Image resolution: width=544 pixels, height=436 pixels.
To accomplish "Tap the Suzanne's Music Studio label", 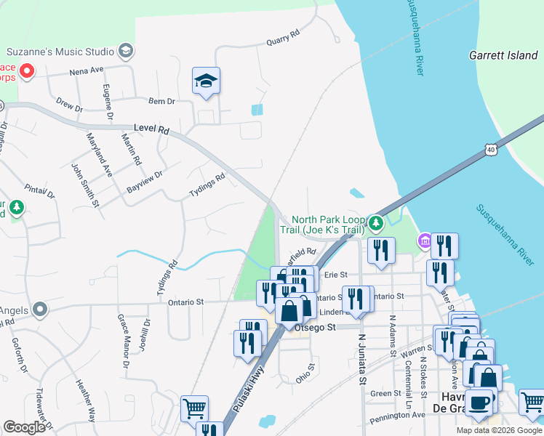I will (x=60, y=52).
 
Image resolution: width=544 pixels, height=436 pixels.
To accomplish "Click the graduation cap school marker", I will (x=207, y=81).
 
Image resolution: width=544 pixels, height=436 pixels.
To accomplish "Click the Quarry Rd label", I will (x=283, y=37).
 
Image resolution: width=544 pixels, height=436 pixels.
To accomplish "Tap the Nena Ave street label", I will (x=87, y=72).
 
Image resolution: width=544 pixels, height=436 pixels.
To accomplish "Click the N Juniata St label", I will (x=360, y=360).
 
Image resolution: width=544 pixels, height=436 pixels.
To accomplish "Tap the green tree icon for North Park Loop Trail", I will (x=375, y=222).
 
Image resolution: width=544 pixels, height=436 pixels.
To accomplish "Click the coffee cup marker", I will (x=479, y=403).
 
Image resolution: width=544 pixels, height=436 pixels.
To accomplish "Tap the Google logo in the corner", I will (x=24, y=427).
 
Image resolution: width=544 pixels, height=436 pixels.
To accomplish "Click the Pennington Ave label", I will (x=397, y=415).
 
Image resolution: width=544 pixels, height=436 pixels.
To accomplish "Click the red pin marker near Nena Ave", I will (x=27, y=70).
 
